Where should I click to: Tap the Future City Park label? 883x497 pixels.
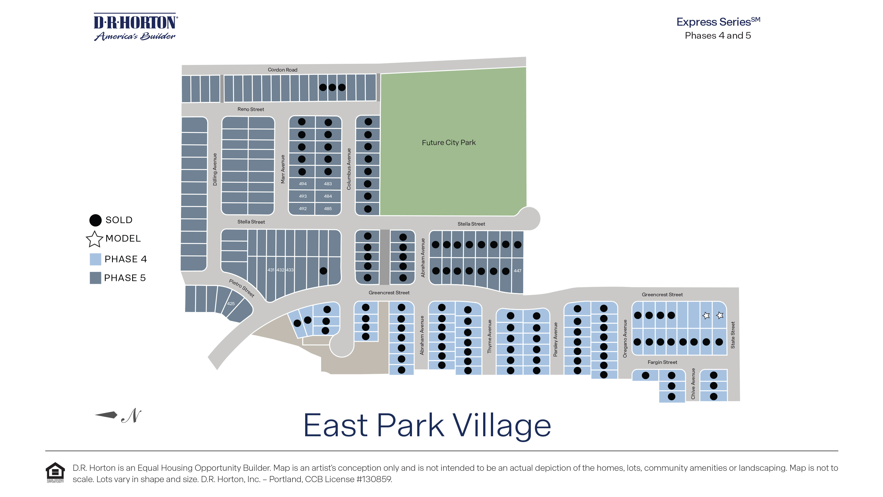tap(448, 143)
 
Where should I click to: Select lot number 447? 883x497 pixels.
tap(517, 271)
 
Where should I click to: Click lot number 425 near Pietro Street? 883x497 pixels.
tap(231, 303)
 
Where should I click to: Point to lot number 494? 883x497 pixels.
tap(302, 184)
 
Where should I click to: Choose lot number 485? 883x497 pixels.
tap(328, 208)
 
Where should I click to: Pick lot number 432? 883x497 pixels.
tap(280, 270)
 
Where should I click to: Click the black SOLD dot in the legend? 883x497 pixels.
tap(95, 220)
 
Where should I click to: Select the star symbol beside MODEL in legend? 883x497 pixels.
tap(94, 239)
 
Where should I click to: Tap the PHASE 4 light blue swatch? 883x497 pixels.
tap(95, 259)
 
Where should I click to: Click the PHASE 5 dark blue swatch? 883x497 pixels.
tap(95, 278)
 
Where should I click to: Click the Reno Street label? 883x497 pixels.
tap(251, 109)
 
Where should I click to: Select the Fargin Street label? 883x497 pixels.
tap(662, 362)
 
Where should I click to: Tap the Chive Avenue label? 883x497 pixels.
tap(693, 384)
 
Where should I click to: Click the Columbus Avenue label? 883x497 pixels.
tap(349, 169)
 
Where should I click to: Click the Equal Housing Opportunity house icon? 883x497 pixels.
tap(55, 472)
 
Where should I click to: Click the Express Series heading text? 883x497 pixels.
tap(718, 22)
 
